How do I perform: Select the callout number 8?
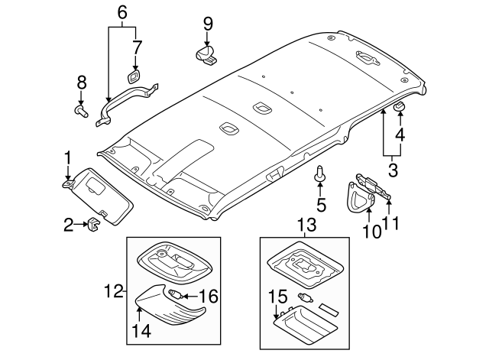click(81, 83)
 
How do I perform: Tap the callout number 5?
click(321, 204)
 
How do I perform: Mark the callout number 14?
click(141, 331)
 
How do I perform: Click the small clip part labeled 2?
click(92, 225)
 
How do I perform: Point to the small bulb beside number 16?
click(175, 294)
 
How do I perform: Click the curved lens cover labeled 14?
click(173, 310)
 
